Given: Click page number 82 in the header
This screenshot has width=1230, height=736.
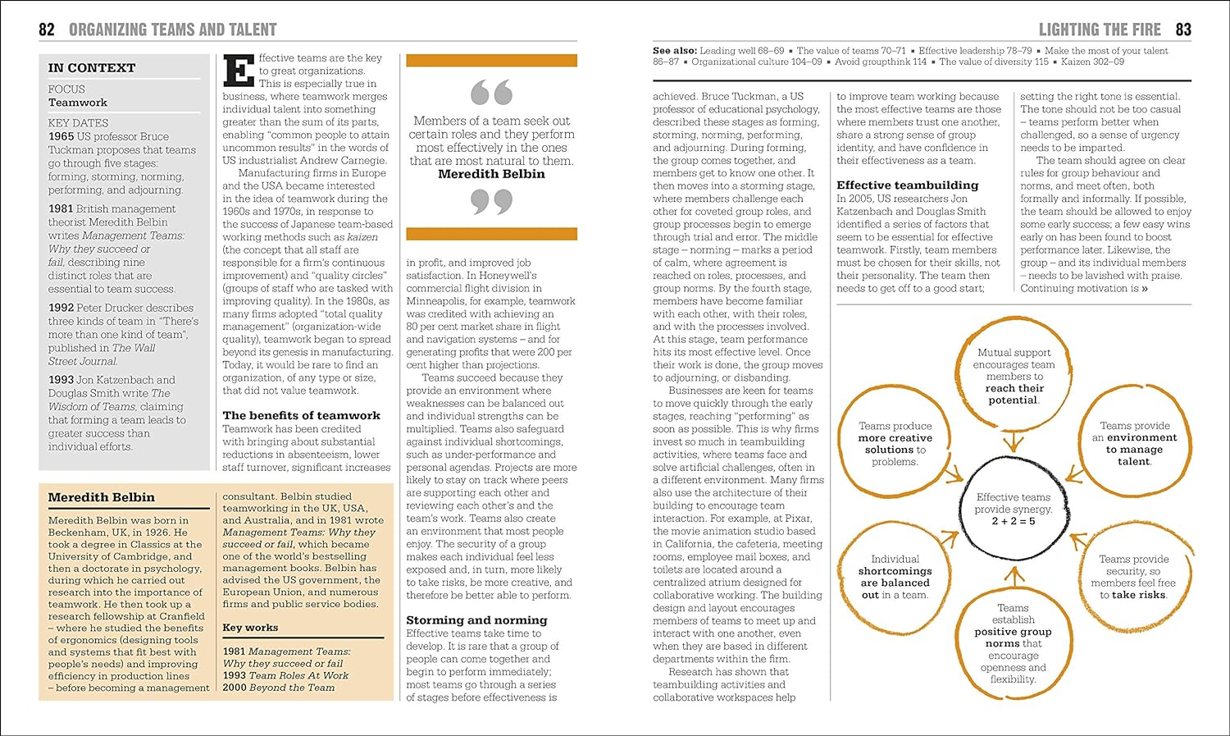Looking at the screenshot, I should tap(47, 30).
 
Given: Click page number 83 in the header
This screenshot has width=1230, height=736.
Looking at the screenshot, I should tap(1182, 30).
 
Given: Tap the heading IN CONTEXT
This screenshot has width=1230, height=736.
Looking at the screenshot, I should tap(91, 68).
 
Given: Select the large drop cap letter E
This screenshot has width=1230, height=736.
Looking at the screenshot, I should tap(239, 71).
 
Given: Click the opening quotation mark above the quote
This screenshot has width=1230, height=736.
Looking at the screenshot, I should tap(491, 92).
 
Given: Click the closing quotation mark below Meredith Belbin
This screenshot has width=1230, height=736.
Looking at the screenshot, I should tap(491, 201).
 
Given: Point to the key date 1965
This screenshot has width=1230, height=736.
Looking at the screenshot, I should tap(61, 137).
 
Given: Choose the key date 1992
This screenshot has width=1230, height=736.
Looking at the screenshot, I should tap(61, 308).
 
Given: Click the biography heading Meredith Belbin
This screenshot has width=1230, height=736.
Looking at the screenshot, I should tap(101, 497).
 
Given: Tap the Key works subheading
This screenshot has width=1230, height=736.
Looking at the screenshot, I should tap(250, 628).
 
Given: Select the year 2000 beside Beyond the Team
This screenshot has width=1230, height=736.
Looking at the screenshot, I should tap(235, 688).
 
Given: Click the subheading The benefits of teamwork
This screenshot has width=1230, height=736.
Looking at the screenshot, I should tap(301, 415).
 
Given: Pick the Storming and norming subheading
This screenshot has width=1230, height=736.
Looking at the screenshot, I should tap(476, 620).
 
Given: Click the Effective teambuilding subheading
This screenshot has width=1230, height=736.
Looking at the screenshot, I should tap(907, 185).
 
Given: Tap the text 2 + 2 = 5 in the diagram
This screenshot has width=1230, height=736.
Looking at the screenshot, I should tap(1013, 521).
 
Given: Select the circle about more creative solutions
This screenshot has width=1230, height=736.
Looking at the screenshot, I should tap(895, 444).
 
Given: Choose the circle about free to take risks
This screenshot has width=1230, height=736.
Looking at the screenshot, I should tap(1133, 577).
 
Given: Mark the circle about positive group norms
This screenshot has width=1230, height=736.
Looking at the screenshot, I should tap(1013, 644).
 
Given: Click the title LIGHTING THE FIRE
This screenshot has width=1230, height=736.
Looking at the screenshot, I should tap(1099, 30).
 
